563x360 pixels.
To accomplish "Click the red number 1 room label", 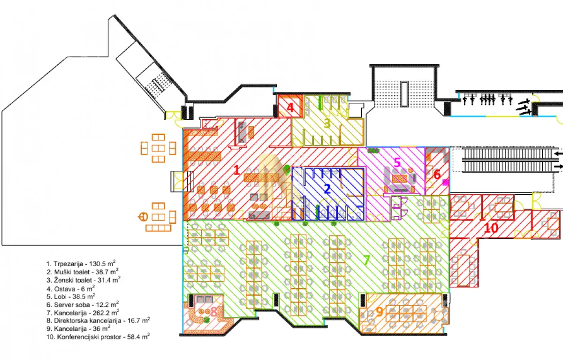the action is tap(237, 170).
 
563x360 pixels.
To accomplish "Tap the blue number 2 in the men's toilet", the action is tap(327, 189).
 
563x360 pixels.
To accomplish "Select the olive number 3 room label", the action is tap(327, 123).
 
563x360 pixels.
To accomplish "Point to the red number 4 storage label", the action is tap(290, 107).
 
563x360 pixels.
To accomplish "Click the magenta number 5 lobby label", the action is tap(397, 162).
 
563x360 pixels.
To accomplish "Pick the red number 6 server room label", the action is tap(437, 175).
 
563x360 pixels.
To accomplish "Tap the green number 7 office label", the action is tap(367, 260).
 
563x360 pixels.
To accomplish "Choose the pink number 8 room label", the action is tap(213, 312).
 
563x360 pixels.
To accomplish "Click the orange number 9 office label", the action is tap(379, 312).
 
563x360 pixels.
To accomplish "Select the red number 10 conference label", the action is tap(491, 228).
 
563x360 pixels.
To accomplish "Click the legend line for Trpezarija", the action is tap(81, 264).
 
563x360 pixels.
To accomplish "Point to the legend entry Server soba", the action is tap(83, 305).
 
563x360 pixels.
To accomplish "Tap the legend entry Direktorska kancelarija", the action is tap(98, 321).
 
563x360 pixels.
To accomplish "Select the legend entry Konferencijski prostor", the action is tap(98, 337).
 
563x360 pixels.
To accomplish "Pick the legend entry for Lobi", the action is tap(71, 297).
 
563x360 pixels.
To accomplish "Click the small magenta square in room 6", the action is tap(446, 182).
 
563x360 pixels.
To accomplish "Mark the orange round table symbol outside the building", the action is tap(143, 217).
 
